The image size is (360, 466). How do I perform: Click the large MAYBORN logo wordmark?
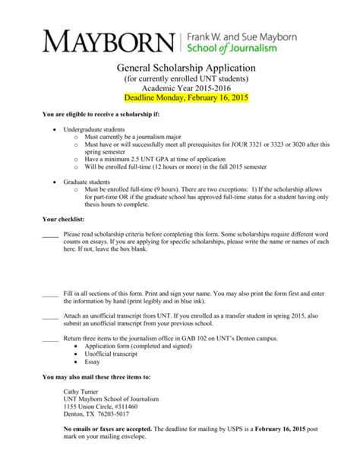click(107, 40)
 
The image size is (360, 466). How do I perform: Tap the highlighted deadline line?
click(180, 99)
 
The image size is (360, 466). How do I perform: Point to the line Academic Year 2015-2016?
click(180, 89)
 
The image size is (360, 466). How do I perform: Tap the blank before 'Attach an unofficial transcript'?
click(50, 314)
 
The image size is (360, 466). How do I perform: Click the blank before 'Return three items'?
click(50, 338)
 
